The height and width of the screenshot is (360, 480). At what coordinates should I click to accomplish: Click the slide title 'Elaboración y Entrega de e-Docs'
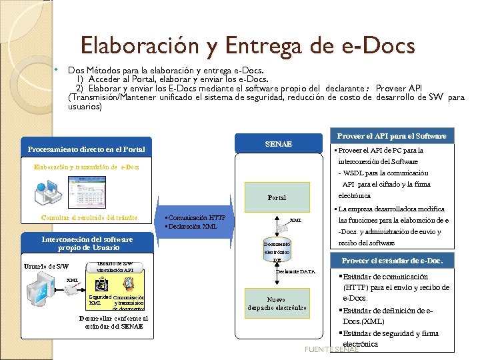click(247, 45)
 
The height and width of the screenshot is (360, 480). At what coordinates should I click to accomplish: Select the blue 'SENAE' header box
click(278, 144)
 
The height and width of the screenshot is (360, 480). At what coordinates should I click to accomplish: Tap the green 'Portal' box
click(277, 198)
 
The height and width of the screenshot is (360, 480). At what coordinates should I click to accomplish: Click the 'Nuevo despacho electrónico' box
click(277, 304)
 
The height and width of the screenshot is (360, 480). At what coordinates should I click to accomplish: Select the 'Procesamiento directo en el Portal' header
click(86, 149)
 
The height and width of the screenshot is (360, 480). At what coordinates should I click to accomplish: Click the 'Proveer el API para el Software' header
click(392, 136)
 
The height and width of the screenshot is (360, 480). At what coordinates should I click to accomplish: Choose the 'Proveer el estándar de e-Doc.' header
click(392, 261)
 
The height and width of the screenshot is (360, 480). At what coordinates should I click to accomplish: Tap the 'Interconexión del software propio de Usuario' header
click(87, 243)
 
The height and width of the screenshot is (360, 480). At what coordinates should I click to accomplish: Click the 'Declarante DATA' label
click(295, 272)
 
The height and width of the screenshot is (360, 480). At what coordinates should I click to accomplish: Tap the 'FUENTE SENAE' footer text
click(331, 349)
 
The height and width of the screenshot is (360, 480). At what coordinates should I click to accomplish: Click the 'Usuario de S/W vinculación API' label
click(119, 267)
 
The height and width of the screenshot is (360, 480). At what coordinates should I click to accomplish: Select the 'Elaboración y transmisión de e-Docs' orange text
click(87, 167)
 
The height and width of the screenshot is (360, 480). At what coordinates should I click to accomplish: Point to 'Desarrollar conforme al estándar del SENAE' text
click(114, 322)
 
